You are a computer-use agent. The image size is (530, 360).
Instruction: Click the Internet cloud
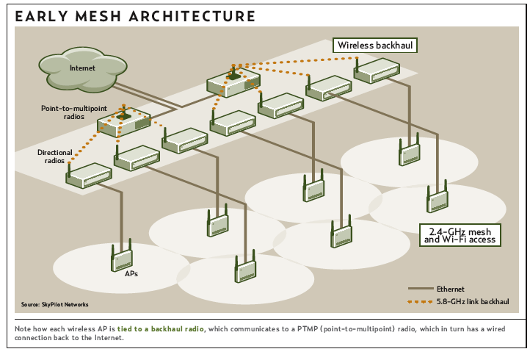[83, 68]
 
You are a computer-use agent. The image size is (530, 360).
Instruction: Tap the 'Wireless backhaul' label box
[375, 45]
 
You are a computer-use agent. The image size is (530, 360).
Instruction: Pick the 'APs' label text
[121, 273]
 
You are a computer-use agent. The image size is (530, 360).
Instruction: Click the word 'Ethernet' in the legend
[450, 289]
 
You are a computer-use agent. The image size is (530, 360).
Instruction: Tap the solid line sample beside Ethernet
[418, 289]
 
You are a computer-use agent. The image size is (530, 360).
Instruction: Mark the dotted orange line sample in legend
[418, 301]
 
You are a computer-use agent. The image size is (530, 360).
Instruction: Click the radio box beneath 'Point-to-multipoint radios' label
[124, 125]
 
